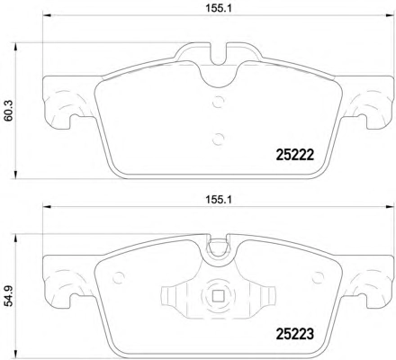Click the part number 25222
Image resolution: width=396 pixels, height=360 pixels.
pyautogui.click(x=294, y=155)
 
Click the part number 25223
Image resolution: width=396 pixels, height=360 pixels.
pyautogui.click(x=294, y=334)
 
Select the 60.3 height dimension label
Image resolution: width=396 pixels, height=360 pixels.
pyautogui.click(x=8, y=111)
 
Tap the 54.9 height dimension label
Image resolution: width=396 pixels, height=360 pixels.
pyautogui.click(x=8, y=296)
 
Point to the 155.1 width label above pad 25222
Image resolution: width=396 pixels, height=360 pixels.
pyautogui.click(x=219, y=8)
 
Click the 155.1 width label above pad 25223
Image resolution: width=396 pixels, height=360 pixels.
pyautogui.click(x=219, y=200)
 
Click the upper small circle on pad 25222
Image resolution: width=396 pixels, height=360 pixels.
pyautogui.click(x=218, y=102)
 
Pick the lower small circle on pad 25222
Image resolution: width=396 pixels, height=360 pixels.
pyautogui.click(x=218, y=139)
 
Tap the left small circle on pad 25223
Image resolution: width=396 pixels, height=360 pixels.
pyautogui.click(x=118, y=277)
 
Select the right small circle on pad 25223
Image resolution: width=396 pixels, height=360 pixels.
pyautogui.click(x=318, y=277)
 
